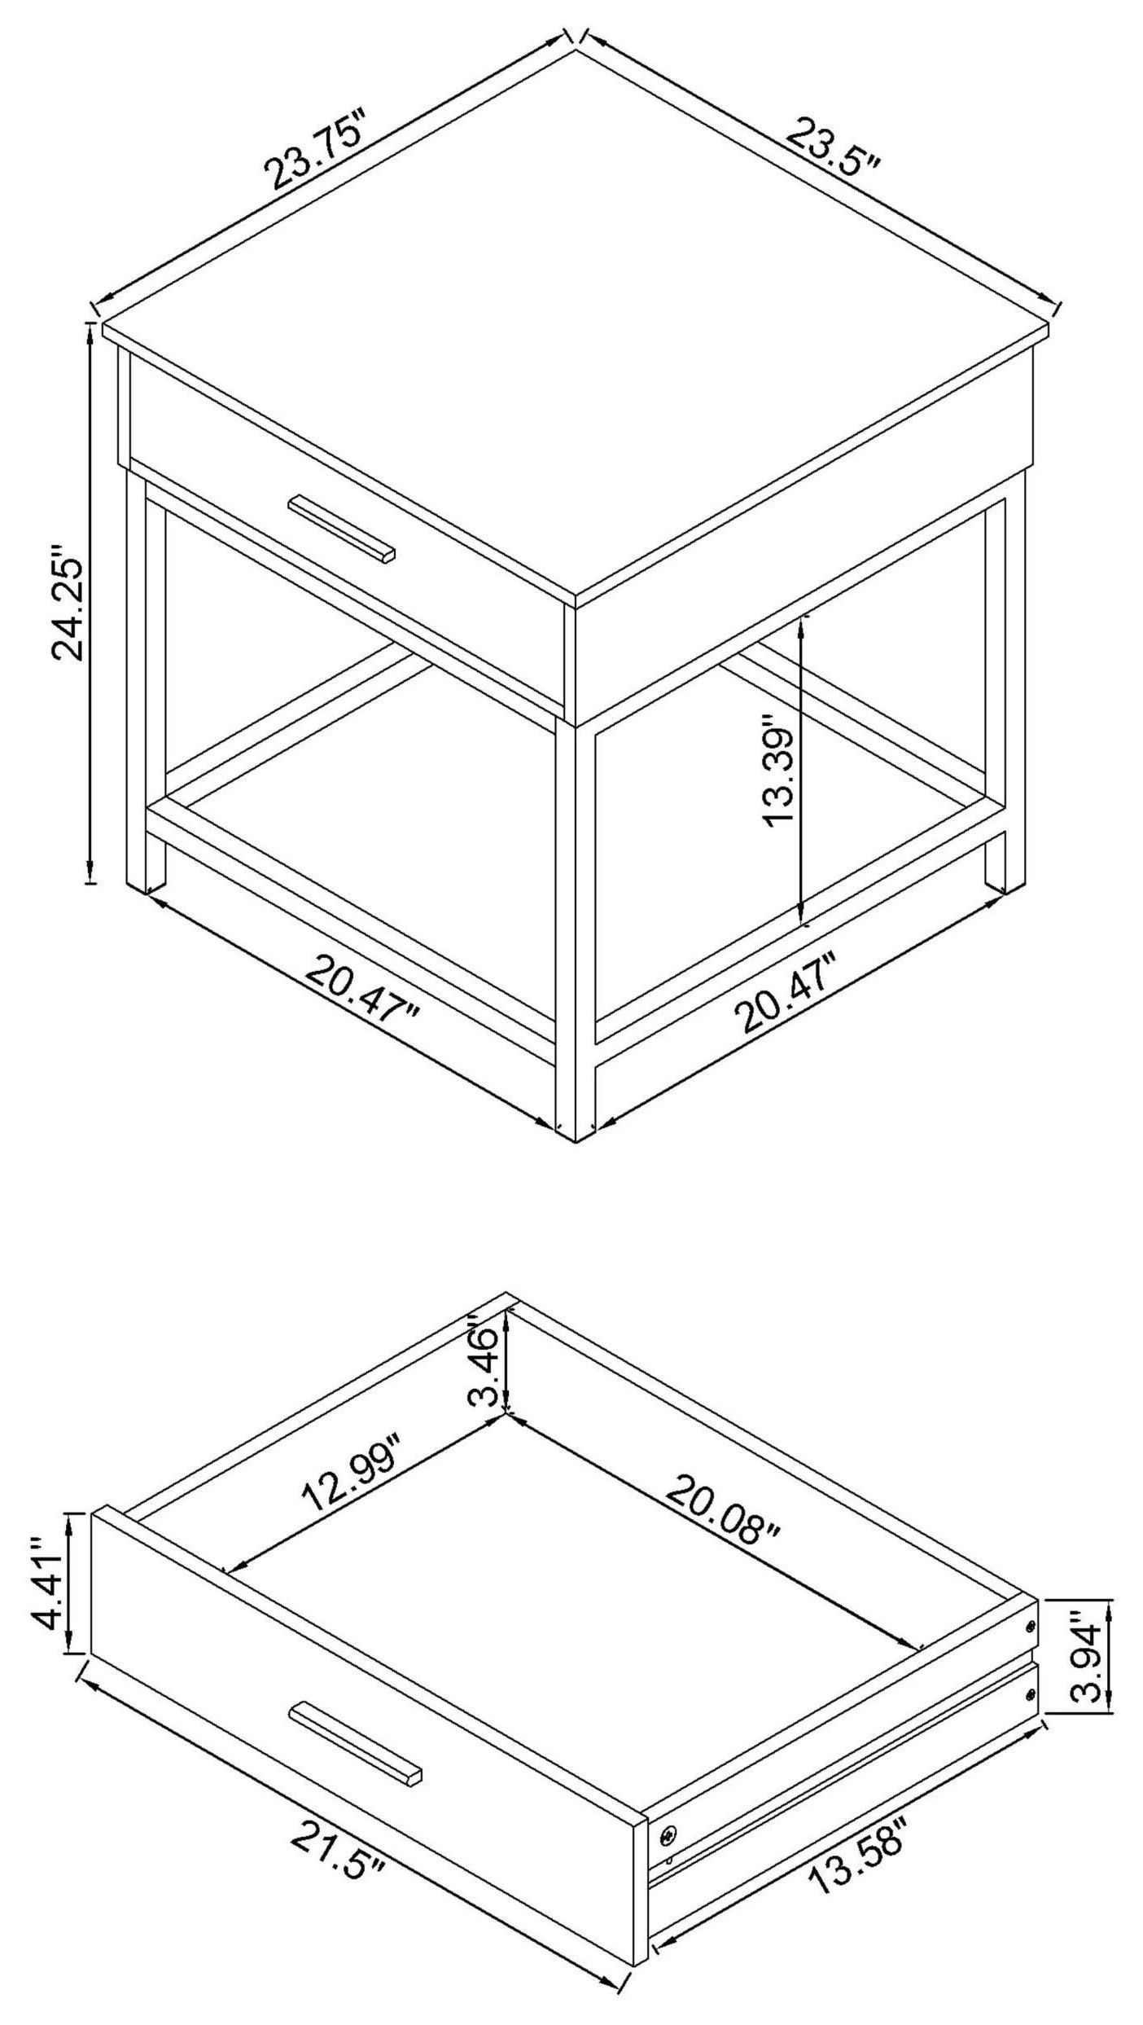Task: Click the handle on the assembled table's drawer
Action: point(342,529)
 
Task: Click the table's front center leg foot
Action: point(576,1128)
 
